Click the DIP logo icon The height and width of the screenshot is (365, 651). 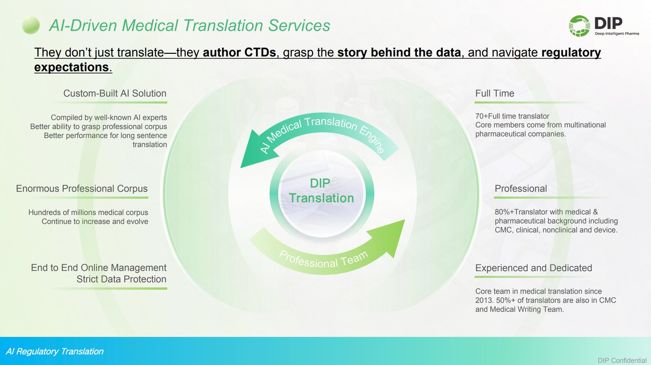tap(579, 26)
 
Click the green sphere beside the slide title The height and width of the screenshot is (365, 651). tap(31, 25)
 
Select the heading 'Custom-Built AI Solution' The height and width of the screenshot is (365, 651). tap(114, 93)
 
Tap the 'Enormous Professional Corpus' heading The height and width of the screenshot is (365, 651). tap(82, 189)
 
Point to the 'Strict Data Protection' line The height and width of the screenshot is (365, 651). tap(121, 279)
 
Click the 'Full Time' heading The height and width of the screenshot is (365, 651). tap(494, 93)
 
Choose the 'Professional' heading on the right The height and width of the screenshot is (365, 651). tap(520, 189)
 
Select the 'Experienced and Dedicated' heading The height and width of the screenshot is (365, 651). tap(533, 268)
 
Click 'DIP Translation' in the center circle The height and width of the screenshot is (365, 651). tap(322, 191)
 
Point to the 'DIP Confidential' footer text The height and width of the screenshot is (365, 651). tap(622, 360)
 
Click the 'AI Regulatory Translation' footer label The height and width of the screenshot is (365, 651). tap(54, 352)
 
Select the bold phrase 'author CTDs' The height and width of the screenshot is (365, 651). tap(239, 52)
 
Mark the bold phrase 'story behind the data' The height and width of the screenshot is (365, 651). tap(399, 52)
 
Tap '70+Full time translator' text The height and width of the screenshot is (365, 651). tap(512, 116)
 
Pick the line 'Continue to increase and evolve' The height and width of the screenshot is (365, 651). tap(95, 222)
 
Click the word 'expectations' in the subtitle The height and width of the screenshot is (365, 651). tap(71, 67)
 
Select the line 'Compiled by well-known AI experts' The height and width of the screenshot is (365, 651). tap(109, 117)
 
